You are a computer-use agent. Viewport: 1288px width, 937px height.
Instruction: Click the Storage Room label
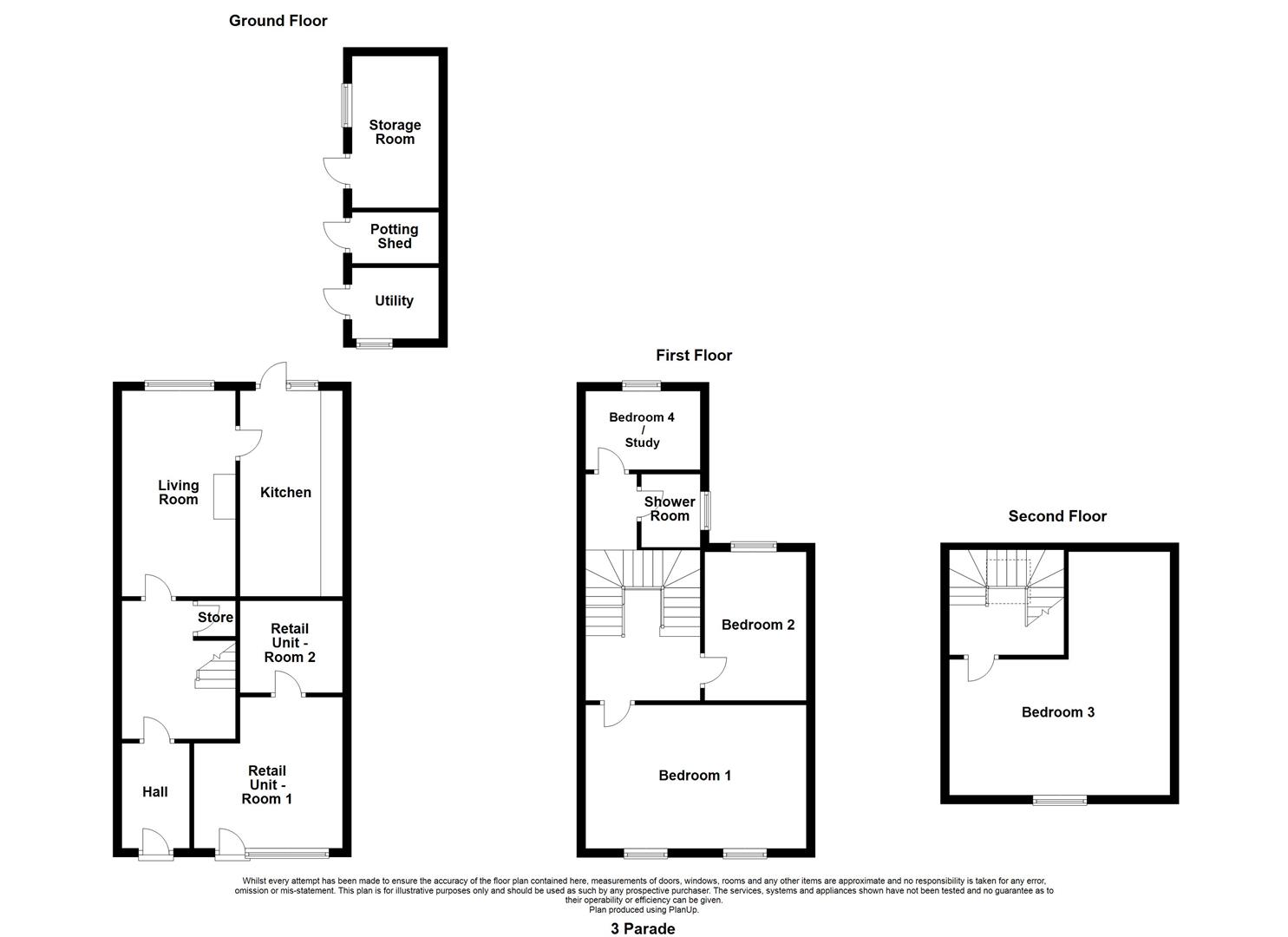395,132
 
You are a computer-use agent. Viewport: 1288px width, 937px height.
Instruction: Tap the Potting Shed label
395,236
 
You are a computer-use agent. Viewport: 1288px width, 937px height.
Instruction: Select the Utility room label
395,301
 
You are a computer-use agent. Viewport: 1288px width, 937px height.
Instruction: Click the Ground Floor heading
278,21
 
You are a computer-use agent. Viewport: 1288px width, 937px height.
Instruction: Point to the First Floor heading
694,356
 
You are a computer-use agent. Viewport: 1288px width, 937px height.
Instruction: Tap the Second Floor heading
1057,516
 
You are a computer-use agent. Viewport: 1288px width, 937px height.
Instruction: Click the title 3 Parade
643,928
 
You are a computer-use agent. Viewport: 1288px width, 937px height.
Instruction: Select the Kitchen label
285,493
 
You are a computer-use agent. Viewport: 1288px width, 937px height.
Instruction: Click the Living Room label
179,493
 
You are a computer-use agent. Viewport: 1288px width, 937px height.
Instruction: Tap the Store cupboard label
216,617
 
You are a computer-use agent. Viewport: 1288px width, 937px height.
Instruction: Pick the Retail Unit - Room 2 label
290,643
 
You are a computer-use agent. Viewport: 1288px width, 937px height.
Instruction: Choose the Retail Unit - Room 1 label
267,785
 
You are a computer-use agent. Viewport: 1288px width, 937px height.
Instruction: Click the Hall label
155,792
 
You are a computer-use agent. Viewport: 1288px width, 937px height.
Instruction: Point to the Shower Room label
670,509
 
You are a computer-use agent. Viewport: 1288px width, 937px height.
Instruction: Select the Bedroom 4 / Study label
642,429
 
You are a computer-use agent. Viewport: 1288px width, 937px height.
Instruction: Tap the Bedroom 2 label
758,625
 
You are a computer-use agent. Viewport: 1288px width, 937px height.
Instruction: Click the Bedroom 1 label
695,776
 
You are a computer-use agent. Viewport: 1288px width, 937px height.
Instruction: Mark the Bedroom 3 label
1058,712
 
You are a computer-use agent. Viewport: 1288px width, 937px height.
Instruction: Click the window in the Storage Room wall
347,106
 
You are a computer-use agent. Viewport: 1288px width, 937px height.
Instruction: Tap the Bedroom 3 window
1060,800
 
